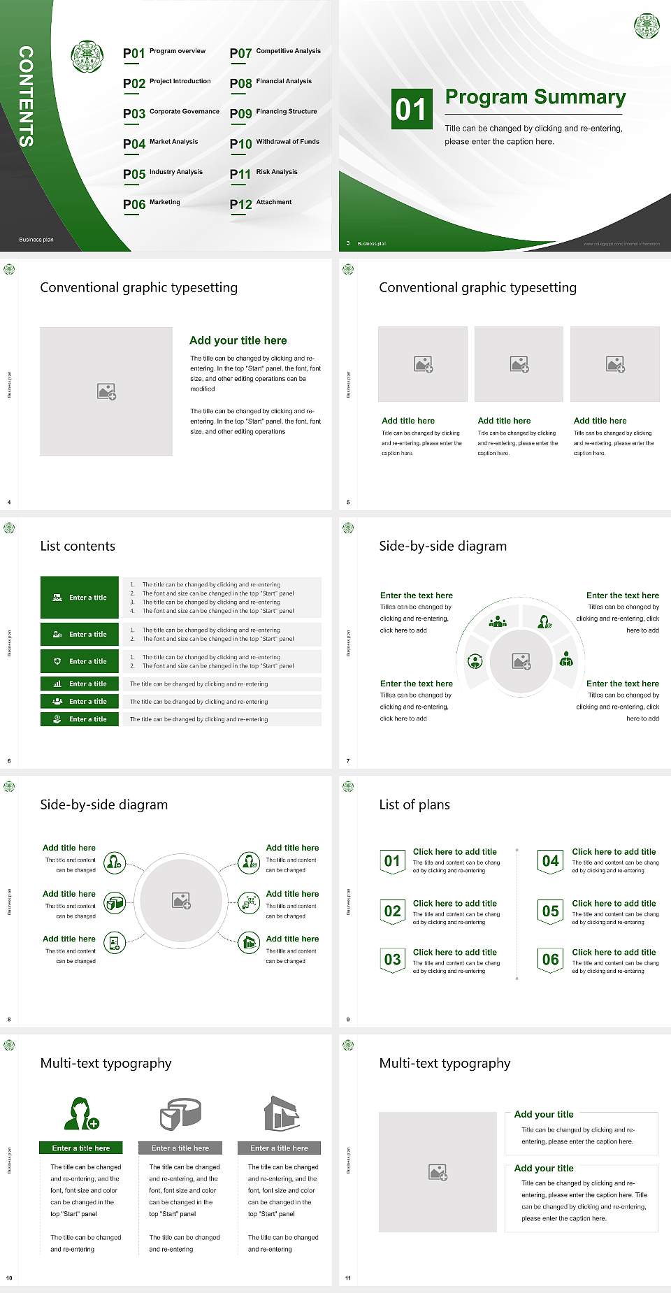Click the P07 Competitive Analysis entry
click(x=275, y=52)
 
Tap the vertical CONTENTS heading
click(x=26, y=96)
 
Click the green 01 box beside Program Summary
click(x=411, y=109)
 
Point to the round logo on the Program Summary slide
click(x=647, y=26)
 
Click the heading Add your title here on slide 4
click(x=238, y=340)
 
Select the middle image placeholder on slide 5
click(x=519, y=364)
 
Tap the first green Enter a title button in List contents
click(x=80, y=598)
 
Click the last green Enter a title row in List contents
click(x=80, y=719)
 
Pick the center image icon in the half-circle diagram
click(x=521, y=661)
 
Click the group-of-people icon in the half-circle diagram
click(x=498, y=621)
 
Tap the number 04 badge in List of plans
click(x=550, y=861)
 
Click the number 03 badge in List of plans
click(x=392, y=960)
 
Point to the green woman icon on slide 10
click(x=81, y=1113)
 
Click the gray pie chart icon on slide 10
click(x=180, y=1113)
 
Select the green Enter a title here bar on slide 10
click(x=81, y=1148)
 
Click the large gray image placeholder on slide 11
click(x=438, y=1172)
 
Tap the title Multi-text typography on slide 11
click(x=445, y=1063)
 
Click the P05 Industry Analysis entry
click(x=162, y=173)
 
